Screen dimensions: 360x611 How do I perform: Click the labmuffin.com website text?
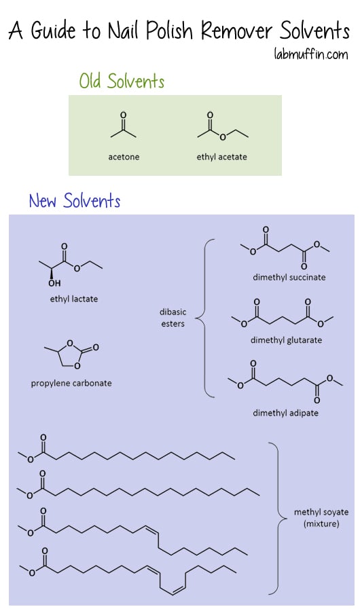coord(311,54)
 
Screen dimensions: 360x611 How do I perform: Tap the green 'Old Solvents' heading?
coord(122,81)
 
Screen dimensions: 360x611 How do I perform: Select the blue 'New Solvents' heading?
coord(75,200)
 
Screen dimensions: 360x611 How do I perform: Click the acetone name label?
coord(124,157)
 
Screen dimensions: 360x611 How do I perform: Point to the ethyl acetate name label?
coord(221,157)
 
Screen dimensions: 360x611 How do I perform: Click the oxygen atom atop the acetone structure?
coord(123,115)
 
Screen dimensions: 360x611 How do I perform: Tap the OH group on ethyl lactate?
coord(54,283)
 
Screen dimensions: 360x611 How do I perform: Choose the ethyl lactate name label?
coord(74,299)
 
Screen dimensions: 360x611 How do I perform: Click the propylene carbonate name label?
coord(71,383)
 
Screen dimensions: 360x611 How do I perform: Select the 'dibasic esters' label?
coord(173,318)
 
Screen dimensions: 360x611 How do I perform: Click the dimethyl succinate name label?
coord(289,278)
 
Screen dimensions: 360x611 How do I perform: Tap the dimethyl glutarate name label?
coord(286,340)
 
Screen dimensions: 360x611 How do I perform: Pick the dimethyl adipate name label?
coord(285,413)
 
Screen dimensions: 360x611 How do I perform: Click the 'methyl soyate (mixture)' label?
coord(321,518)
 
